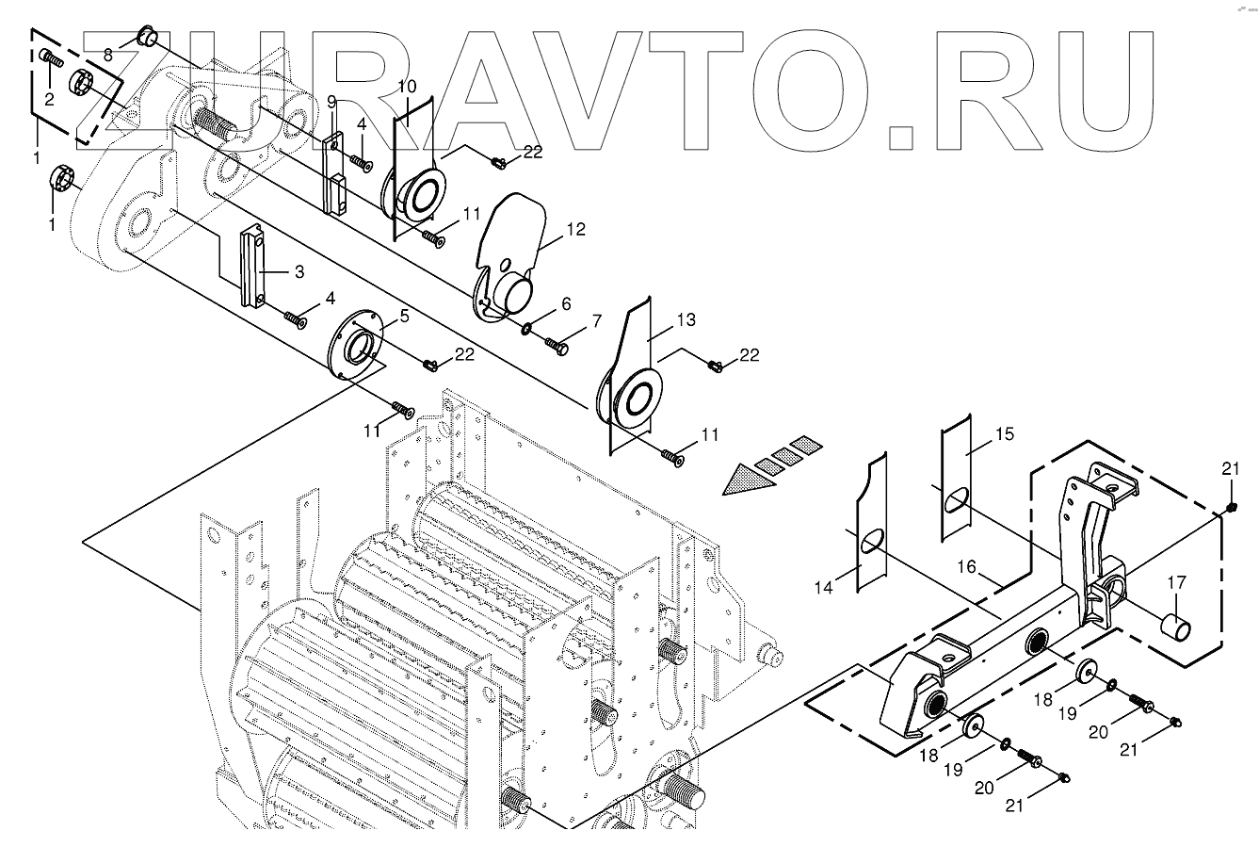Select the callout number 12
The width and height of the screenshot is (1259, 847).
point(576,229)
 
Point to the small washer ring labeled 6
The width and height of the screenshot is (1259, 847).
point(524,329)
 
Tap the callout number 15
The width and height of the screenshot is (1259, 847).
point(1005,434)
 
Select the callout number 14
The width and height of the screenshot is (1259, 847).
point(825,588)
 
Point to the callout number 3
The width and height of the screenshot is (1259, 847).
point(299,272)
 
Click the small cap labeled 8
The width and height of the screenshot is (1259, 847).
point(147,37)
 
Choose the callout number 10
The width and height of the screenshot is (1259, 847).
point(407,86)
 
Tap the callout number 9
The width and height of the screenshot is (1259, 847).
point(331,101)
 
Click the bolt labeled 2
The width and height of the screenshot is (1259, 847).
point(53,61)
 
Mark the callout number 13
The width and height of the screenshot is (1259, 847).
point(686,321)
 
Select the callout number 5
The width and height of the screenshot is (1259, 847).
point(404,316)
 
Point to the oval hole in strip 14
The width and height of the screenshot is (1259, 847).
point(872,541)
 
